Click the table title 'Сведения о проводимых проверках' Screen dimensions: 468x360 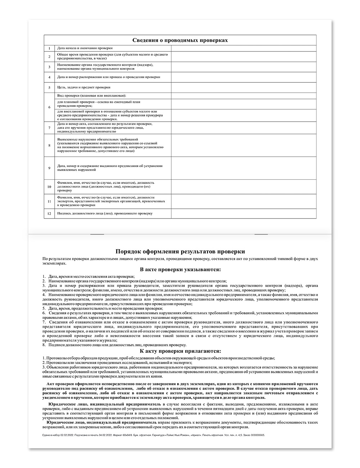pyautogui.click(x=180, y=40)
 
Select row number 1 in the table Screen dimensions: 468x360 pyautogui.click(x=49, y=48)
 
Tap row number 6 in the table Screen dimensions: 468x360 pyautogui.click(x=49, y=107)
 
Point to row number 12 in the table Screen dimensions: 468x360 pyautogui.click(x=49, y=213)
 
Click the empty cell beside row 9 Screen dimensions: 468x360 pyautogui.click(x=244, y=168)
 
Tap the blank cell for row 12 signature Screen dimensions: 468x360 pyautogui.click(x=244, y=213)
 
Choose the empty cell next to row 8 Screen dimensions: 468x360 pyautogui.click(x=244, y=145)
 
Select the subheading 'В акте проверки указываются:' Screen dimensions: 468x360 pyautogui.click(x=180, y=269)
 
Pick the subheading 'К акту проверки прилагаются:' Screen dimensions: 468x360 pyautogui.click(x=180, y=351)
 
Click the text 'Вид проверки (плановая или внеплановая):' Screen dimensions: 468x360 pyautogui.click(x=92, y=96)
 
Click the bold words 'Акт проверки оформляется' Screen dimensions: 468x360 pyautogui.click(x=68, y=384)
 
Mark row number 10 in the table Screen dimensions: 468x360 pyautogui.click(x=49, y=187)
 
